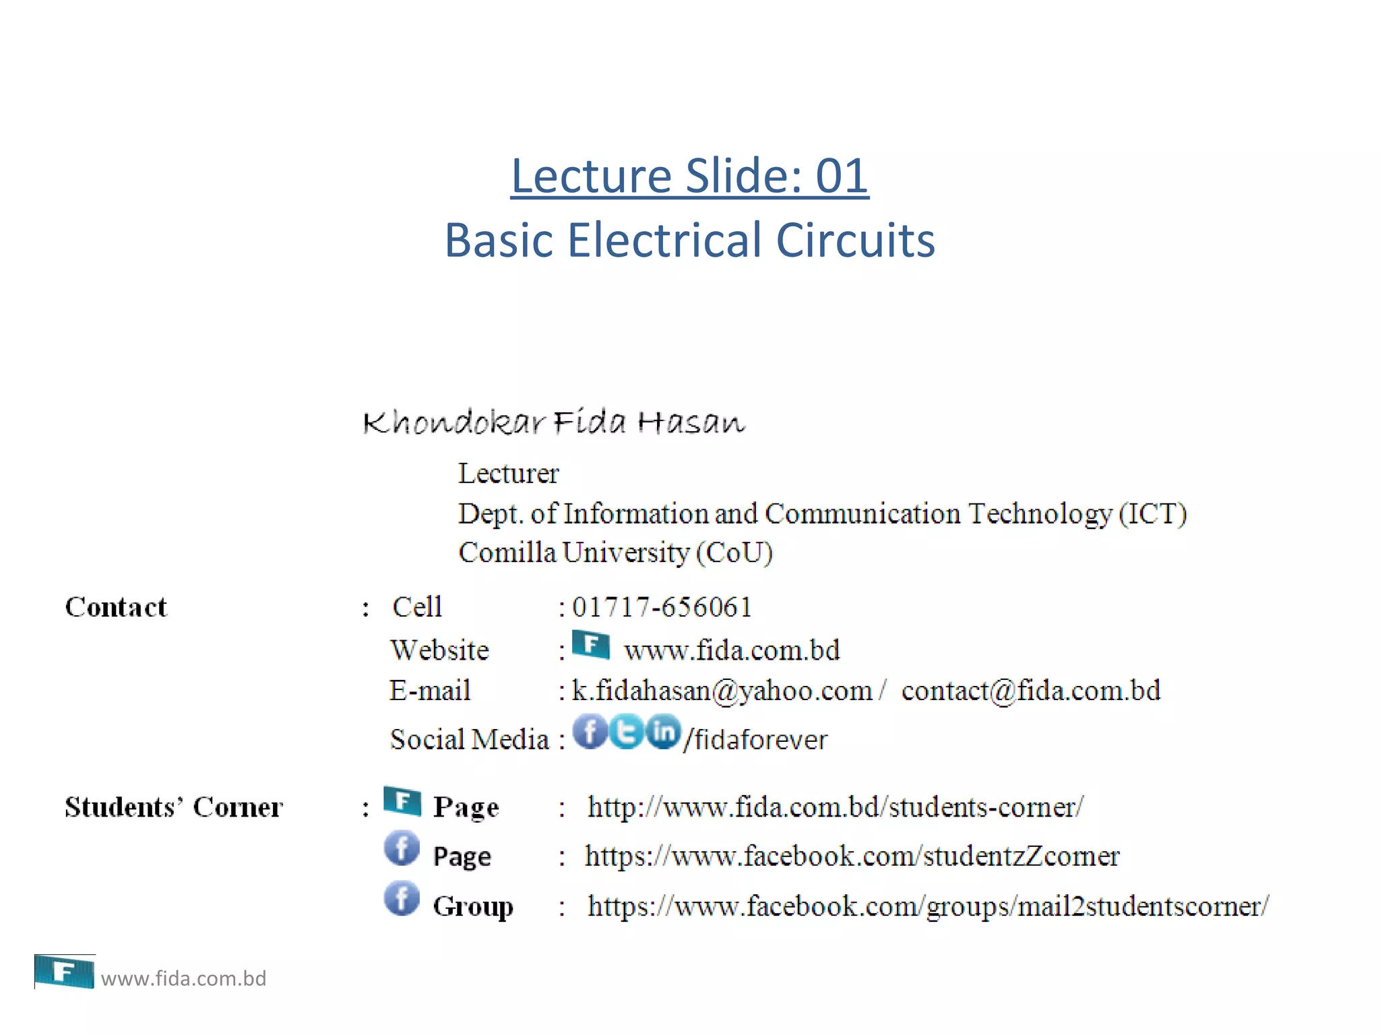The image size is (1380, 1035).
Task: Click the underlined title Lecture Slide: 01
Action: tap(689, 176)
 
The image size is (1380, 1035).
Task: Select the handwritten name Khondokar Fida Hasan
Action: tap(554, 422)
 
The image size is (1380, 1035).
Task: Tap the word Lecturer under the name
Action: tap(509, 474)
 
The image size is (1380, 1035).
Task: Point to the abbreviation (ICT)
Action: tap(1152, 513)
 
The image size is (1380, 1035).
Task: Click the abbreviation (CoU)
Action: tap(734, 553)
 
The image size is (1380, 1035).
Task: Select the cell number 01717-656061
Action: tap(662, 607)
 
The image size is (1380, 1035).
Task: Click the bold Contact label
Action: tap(116, 607)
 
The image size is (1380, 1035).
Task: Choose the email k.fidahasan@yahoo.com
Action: tap(722, 691)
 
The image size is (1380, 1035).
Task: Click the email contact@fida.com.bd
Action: tap(1031, 691)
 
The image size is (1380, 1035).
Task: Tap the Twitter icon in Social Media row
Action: tap(627, 731)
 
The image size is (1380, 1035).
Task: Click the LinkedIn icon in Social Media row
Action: tap(664, 731)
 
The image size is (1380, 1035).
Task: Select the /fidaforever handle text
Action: tap(755, 740)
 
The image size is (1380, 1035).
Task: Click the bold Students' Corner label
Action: tap(174, 807)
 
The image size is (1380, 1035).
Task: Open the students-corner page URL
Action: tap(836, 807)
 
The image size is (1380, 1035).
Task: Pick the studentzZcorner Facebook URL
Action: tap(852, 856)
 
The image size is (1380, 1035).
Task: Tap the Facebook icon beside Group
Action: tap(402, 899)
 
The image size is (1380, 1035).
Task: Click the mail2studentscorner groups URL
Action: tap(928, 906)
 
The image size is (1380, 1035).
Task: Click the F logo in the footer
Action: tap(64, 972)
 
